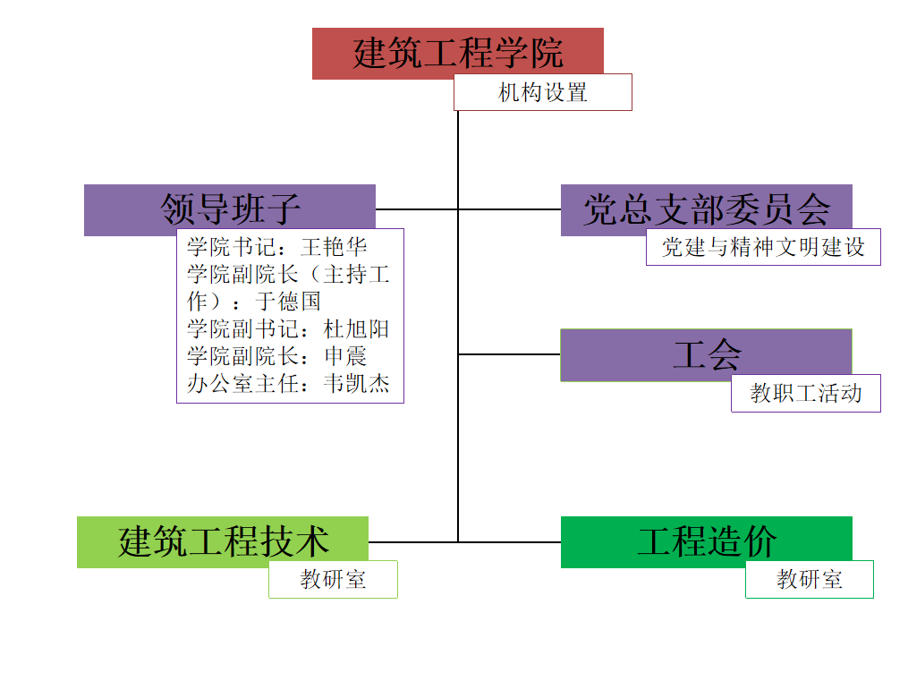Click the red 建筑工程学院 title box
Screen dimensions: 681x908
tap(457, 52)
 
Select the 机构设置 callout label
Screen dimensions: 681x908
tap(542, 92)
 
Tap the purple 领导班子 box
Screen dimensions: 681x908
tap(229, 209)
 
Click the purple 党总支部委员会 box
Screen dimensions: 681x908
tap(706, 209)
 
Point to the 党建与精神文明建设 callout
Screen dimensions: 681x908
tap(762, 247)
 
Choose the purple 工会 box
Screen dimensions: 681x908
tap(706, 354)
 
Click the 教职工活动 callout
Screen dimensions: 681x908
tap(805, 393)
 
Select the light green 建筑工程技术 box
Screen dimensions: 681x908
tap(223, 541)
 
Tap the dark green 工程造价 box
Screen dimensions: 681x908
tap(706, 541)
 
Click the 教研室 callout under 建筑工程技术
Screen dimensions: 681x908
tap(333, 579)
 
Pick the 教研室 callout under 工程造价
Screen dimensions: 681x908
tap(809, 579)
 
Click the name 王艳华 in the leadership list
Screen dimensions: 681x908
tap(335, 247)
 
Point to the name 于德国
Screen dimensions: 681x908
tap(288, 302)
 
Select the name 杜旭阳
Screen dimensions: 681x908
tap(357, 329)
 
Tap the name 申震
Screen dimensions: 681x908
tap(345, 357)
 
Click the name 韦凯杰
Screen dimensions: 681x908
tap(357, 385)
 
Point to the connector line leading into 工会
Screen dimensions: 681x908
tap(509, 354)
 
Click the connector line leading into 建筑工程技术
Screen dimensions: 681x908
tap(412, 541)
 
